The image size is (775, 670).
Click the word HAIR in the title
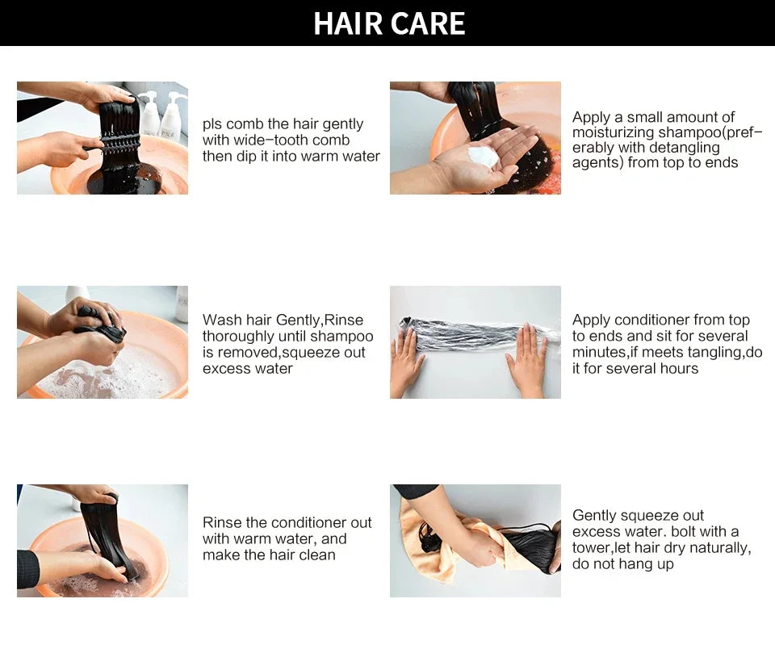pyautogui.click(x=348, y=23)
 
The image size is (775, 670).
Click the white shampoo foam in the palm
pyautogui.click(x=483, y=155)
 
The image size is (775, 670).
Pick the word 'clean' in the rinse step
pyautogui.click(x=316, y=555)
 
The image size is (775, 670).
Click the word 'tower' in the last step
pyautogui.click(x=591, y=548)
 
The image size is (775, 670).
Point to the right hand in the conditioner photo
pyautogui.click(x=527, y=358)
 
